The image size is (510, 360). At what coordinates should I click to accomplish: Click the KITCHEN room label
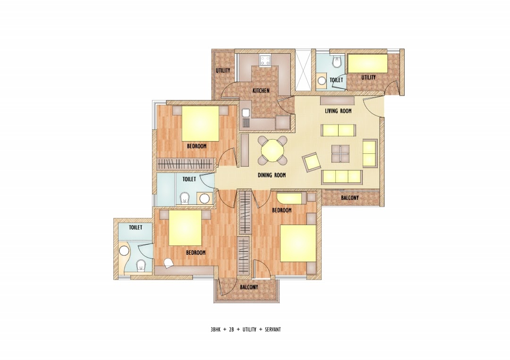point(261,90)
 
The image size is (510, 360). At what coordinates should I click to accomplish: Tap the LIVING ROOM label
point(338,111)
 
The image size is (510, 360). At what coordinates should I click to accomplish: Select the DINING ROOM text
point(272,175)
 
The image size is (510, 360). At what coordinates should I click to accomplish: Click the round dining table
point(272,150)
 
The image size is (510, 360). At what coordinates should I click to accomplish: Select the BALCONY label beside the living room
point(350,198)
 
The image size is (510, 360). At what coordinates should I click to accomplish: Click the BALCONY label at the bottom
point(248,287)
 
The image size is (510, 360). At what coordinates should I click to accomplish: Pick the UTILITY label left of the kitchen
point(223,71)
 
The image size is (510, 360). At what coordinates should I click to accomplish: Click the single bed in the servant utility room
point(367,64)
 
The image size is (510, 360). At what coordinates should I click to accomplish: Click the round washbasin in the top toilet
point(322,81)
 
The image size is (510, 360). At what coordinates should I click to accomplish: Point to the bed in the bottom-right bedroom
point(298,243)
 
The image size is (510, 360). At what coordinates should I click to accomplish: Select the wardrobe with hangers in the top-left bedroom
point(184,164)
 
